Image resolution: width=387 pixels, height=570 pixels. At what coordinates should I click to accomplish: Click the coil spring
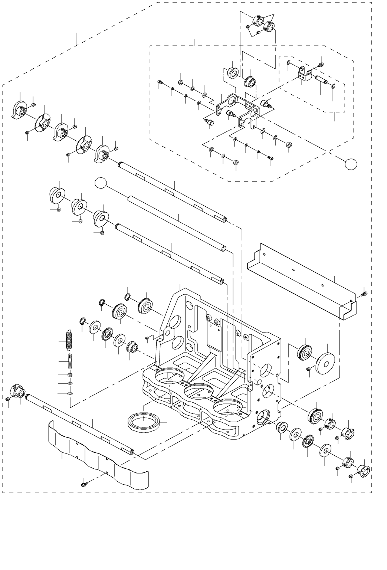[x=68, y=340]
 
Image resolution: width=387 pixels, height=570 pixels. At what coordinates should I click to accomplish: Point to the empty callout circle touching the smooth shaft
[x=101, y=182]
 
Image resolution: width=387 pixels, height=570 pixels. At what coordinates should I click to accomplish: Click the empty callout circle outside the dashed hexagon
[x=351, y=163]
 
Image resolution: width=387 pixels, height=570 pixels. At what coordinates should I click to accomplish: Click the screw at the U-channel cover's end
[x=363, y=294]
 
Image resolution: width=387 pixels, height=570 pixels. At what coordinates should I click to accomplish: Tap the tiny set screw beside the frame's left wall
[x=147, y=338]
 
